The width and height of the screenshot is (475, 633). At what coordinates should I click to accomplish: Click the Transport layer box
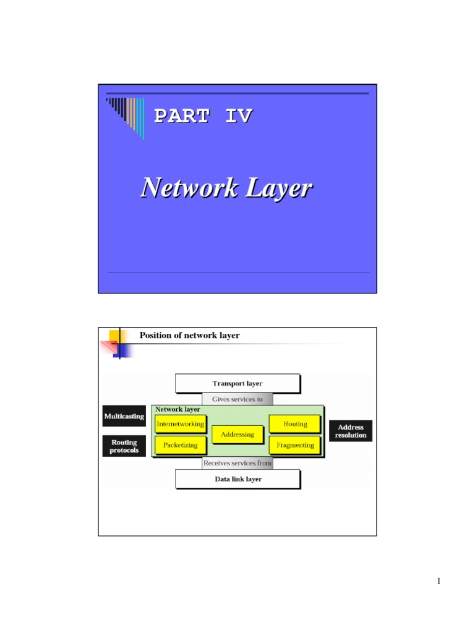(x=237, y=383)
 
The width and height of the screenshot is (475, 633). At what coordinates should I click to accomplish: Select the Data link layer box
(x=237, y=479)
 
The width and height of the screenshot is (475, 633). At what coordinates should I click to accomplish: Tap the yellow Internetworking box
(x=180, y=424)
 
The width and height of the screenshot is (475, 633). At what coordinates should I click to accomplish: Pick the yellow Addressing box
(x=237, y=435)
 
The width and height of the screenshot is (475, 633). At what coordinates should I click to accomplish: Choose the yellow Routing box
(x=295, y=424)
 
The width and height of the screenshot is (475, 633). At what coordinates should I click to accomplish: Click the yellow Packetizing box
(x=180, y=445)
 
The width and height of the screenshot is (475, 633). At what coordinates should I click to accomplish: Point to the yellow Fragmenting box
(x=295, y=445)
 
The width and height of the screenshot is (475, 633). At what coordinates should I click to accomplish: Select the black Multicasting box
(x=124, y=417)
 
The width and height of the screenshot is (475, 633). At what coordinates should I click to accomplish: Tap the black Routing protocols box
(x=124, y=446)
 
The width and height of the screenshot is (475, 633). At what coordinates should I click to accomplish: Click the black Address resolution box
(x=351, y=431)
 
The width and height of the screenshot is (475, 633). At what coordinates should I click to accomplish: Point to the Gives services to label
(x=237, y=399)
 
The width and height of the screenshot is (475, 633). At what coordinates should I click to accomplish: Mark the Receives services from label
(x=237, y=463)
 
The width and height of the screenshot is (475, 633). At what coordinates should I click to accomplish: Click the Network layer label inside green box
(x=178, y=409)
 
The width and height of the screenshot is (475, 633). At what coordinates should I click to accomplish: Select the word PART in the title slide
(x=181, y=116)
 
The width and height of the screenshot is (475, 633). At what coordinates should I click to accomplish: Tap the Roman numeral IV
(x=238, y=116)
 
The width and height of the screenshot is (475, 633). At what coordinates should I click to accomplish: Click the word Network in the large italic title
(x=186, y=187)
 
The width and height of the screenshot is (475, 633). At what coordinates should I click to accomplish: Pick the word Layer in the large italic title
(x=278, y=187)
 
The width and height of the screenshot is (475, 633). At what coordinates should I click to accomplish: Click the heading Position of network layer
(x=189, y=336)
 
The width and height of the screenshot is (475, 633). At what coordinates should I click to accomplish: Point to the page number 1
(x=438, y=581)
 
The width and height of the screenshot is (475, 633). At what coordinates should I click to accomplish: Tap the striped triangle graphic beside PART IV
(x=126, y=114)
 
